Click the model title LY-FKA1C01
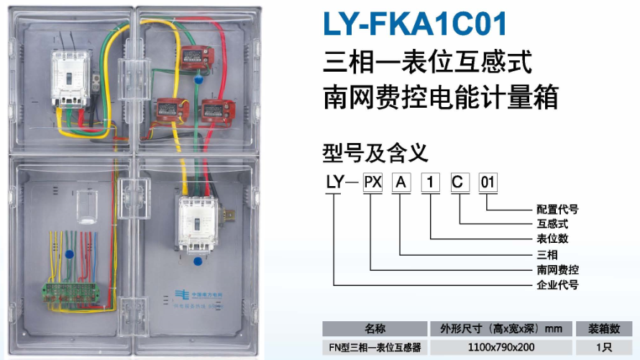pyautogui.click(x=415, y=24)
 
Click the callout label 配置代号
pyautogui.click(x=557, y=210)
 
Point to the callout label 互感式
pyautogui.click(x=552, y=224)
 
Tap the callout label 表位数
pyautogui.click(x=552, y=239)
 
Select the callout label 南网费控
pyautogui.click(x=557, y=270)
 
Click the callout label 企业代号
pyautogui.click(x=557, y=285)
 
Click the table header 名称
pyautogui.click(x=375, y=329)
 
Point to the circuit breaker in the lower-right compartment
pyautogui.click(x=195, y=223)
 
